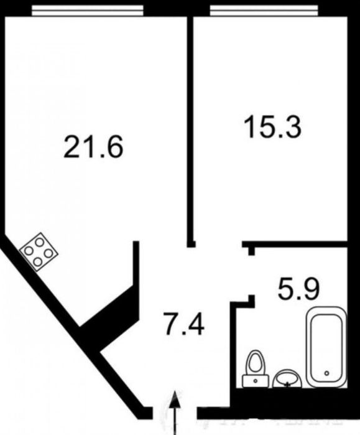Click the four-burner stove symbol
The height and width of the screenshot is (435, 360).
pos(39,251)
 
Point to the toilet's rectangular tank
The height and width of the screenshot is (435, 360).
pos(255,378)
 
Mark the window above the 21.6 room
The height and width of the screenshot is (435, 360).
pos(87,11)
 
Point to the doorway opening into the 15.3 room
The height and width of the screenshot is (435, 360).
pos(218,244)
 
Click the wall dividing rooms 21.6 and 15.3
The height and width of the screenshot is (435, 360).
pos(190,124)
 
